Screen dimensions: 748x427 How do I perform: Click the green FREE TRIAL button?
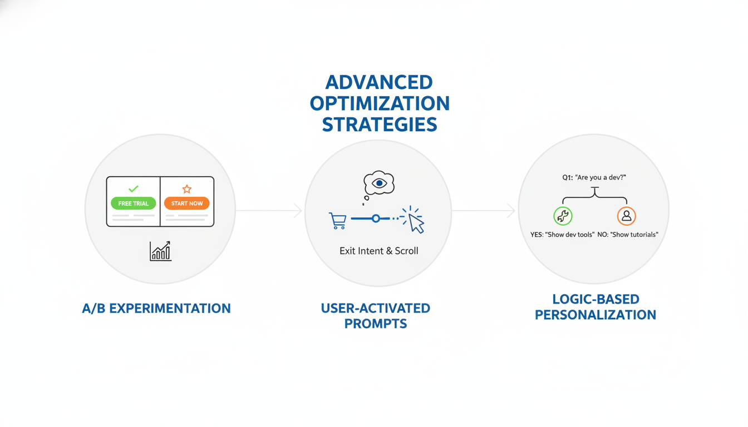[133, 203]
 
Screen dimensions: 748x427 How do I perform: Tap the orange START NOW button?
[186, 203]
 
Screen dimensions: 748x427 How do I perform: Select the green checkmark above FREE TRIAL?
[133, 189]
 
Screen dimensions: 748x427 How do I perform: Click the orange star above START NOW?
[187, 189]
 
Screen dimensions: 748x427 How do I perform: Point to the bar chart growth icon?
[160, 251]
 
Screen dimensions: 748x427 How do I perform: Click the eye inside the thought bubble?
[379, 183]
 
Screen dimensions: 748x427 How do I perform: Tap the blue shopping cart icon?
[338, 221]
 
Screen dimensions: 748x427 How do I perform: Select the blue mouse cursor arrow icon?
[416, 223]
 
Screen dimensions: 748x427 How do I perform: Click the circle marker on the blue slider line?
[376, 219]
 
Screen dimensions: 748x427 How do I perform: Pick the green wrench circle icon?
[563, 216]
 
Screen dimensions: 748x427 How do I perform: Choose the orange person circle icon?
[627, 216]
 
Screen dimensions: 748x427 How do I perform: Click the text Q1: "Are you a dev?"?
[594, 177]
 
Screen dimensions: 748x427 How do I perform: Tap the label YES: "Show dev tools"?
[562, 235]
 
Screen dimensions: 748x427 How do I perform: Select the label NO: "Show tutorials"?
[628, 235]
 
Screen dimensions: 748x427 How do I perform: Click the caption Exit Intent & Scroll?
[378, 251]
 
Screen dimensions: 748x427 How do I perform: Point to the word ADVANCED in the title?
[379, 82]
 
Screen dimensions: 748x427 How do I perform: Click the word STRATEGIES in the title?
[380, 125]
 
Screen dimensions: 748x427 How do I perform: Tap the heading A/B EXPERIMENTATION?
[156, 308]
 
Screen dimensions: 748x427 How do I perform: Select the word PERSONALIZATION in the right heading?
[596, 315]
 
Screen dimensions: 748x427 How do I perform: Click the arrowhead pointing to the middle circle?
[298, 211]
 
